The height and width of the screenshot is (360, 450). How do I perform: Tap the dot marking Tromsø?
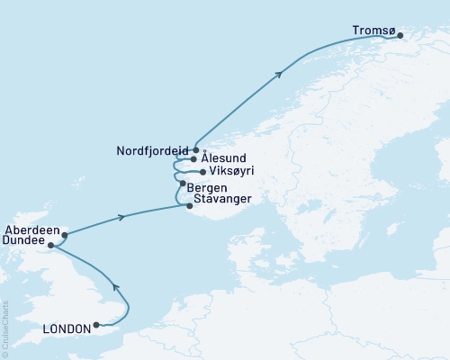[x=400, y=36]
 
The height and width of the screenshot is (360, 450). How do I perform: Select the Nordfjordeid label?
[x=153, y=151]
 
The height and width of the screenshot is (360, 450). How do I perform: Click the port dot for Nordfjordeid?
[x=195, y=150]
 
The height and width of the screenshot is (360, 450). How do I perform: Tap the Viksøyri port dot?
[x=201, y=171]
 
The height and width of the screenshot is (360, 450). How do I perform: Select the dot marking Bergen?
[x=183, y=184]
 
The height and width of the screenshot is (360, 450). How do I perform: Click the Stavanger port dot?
[x=188, y=206]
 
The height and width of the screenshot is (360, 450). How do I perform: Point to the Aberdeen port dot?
[x=64, y=235]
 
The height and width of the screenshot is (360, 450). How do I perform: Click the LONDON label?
[x=67, y=329]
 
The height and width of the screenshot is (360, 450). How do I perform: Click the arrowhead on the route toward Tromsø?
[x=279, y=74]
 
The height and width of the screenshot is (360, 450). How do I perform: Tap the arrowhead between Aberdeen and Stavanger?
[x=121, y=217]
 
